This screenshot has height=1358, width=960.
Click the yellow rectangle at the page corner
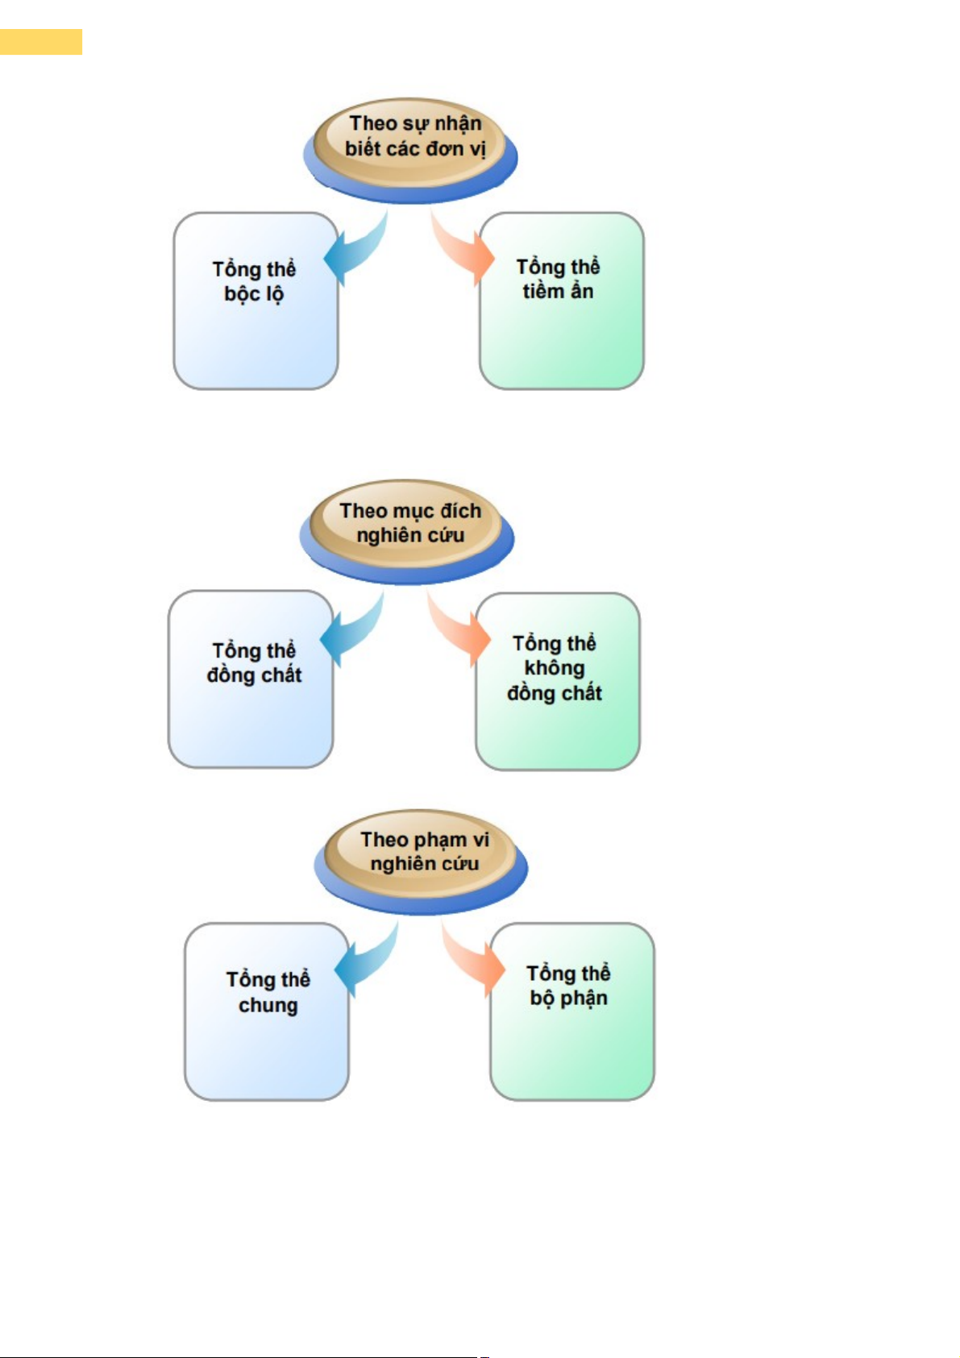click(40, 41)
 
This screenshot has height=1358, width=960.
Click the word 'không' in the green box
click(555, 668)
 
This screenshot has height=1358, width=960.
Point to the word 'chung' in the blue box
click(268, 1005)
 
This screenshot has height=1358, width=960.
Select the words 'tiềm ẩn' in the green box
click(558, 291)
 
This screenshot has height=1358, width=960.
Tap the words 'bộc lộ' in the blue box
click(254, 294)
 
